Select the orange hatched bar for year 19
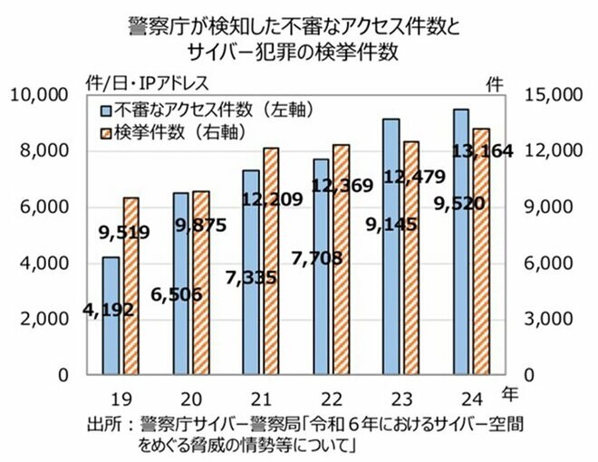click(x=131, y=285)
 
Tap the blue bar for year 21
click(x=251, y=272)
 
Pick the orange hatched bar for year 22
click(x=342, y=259)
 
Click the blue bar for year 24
click(x=461, y=241)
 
